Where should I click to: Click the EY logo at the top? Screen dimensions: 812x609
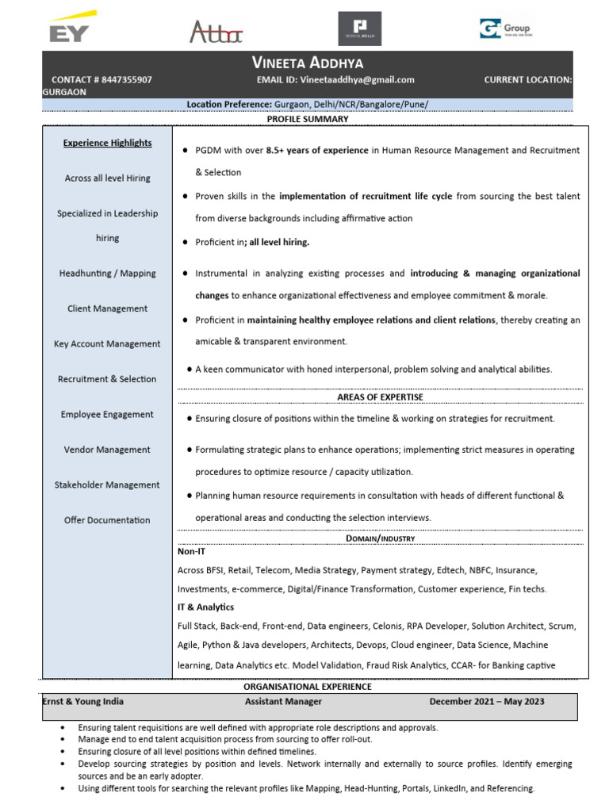(x=72, y=28)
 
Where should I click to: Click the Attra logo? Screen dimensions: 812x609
(x=216, y=32)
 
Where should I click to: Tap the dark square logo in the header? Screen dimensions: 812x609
(x=359, y=29)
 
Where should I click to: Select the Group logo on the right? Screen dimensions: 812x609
(x=505, y=29)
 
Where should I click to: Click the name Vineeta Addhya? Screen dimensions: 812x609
(x=307, y=63)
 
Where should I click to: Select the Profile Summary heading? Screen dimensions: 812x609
(x=307, y=119)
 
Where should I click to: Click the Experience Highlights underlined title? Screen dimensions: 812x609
(x=107, y=144)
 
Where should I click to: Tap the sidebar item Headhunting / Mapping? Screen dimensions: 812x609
(x=107, y=274)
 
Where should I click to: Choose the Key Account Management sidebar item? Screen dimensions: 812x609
(x=107, y=344)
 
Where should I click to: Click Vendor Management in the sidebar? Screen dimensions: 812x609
(x=107, y=450)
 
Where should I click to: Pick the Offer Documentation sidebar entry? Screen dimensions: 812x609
(x=107, y=520)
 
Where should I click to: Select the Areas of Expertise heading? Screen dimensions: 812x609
(x=380, y=397)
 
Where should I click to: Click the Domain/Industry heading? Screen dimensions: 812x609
(x=380, y=538)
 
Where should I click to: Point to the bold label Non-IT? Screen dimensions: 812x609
(x=191, y=551)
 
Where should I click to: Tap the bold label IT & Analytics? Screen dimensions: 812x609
(x=205, y=607)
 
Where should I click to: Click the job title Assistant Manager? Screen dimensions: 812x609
(x=283, y=702)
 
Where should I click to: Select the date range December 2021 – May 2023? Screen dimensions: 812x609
(x=487, y=702)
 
